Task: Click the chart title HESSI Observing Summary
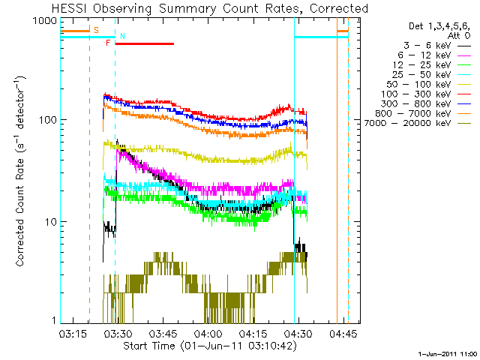pyautogui.click(x=210, y=8)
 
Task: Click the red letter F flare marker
pyautogui.click(x=108, y=43)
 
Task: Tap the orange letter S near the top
pyautogui.click(x=95, y=31)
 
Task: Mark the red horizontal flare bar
pyautogui.click(x=144, y=43)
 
